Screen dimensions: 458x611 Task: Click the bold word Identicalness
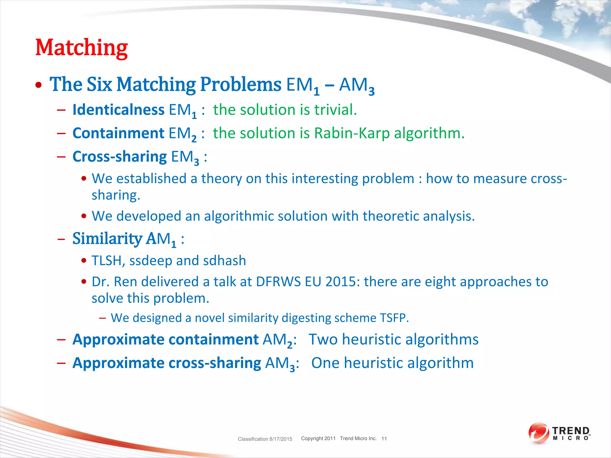[x=118, y=110]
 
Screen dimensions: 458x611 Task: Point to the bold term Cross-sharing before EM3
[x=119, y=157]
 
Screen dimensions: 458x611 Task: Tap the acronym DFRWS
[x=278, y=282]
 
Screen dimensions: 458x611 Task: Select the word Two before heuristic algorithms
[x=323, y=339]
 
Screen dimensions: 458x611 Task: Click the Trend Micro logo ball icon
[x=538, y=433]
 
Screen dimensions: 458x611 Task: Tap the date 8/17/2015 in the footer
[x=280, y=439]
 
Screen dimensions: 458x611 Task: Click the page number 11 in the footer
[x=384, y=439]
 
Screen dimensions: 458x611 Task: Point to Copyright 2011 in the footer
[x=318, y=438]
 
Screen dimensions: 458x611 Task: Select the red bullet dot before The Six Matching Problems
[x=38, y=85]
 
